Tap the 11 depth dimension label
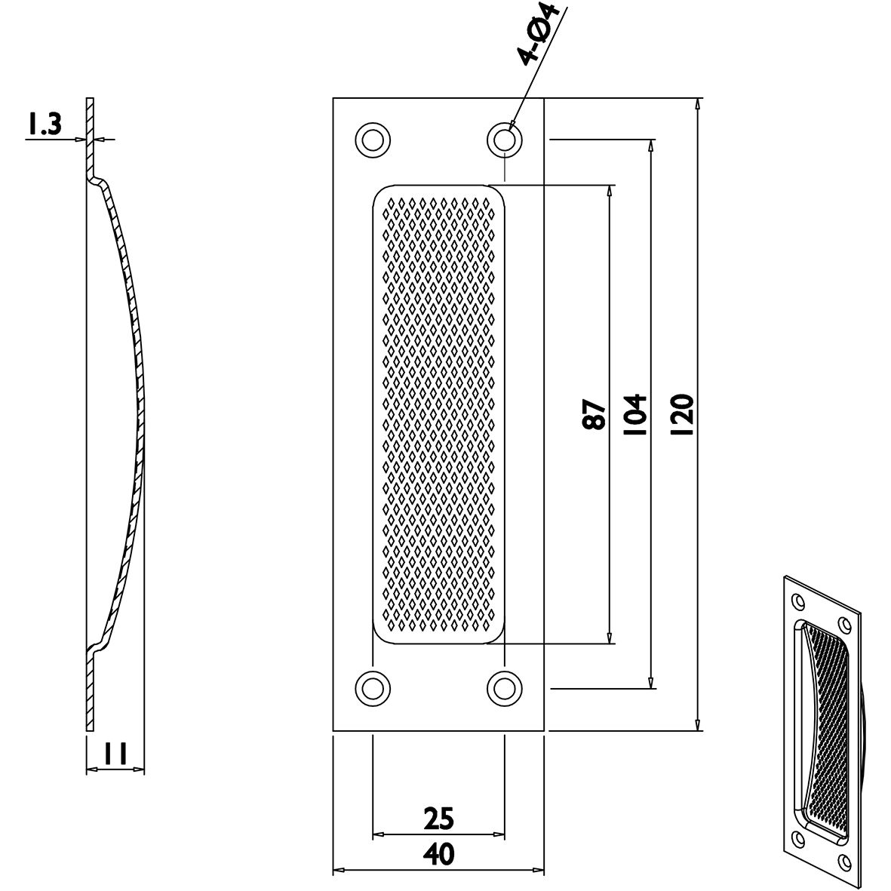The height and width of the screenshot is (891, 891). pos(115,754)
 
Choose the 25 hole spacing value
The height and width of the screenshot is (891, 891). pos(439,819)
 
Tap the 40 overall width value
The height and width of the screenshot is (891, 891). pos(439,855)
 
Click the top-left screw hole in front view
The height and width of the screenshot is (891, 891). pos(373,140)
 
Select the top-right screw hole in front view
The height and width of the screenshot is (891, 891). pos(505,140)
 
